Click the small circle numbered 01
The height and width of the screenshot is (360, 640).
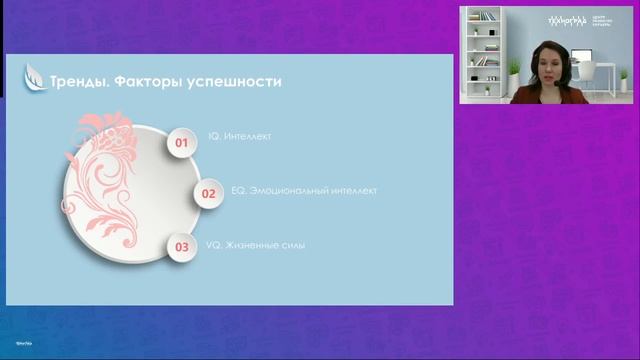(181, 143)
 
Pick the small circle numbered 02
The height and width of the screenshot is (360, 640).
(209, 194)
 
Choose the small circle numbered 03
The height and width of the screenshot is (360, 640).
(181, 246)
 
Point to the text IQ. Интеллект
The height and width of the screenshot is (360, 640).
(239, 135)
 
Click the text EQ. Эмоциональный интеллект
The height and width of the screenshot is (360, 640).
(291, 189)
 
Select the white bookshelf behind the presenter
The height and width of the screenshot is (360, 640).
(483, 50)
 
